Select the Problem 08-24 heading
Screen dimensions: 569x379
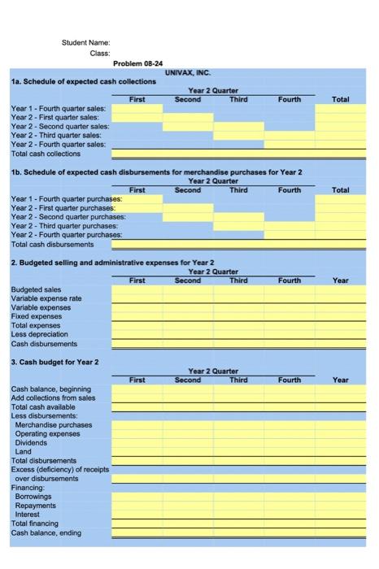(138, 63)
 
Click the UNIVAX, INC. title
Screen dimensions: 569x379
(188, 72)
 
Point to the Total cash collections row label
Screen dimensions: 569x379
(46, 154)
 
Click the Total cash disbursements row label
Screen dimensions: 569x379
(52, 244)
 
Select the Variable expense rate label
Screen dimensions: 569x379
(46, 298)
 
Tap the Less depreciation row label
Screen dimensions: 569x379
(40, 334)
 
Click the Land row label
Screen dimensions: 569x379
(24, 452)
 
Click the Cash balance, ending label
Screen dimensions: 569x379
(46, 533)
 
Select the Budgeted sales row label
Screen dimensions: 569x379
(36, 289)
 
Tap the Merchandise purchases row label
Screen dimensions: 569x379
(54, 425)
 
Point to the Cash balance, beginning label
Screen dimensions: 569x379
(51, 389)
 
